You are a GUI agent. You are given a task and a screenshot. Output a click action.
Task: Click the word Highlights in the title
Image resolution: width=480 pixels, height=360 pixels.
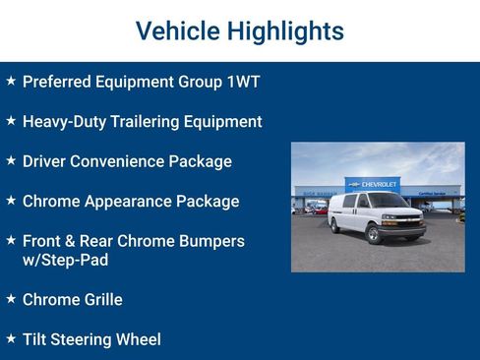click(x=290, y=31)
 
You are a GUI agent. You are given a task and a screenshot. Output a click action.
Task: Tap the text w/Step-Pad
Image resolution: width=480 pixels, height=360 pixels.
click(x=65, y=260)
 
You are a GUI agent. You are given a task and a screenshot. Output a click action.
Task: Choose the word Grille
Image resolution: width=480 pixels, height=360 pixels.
click(x=99, y=300)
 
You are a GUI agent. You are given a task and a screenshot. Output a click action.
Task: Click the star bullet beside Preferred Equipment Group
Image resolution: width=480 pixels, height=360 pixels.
click(x=11, y=81)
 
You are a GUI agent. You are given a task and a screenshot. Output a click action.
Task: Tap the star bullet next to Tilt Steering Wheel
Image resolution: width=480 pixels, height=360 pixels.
click(x=11, y=337)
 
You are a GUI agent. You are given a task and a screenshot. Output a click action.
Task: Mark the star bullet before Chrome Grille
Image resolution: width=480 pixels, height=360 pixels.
click(x=11, y=298)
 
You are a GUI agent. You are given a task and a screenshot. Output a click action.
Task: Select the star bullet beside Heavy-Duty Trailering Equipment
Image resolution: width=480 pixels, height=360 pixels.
click(x=11, y=120)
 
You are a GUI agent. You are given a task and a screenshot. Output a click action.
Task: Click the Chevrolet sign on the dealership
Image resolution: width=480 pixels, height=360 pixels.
click(x=373, y=184)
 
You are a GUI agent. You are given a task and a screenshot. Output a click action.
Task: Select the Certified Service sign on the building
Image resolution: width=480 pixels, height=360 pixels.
click(x=432, y=194)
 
